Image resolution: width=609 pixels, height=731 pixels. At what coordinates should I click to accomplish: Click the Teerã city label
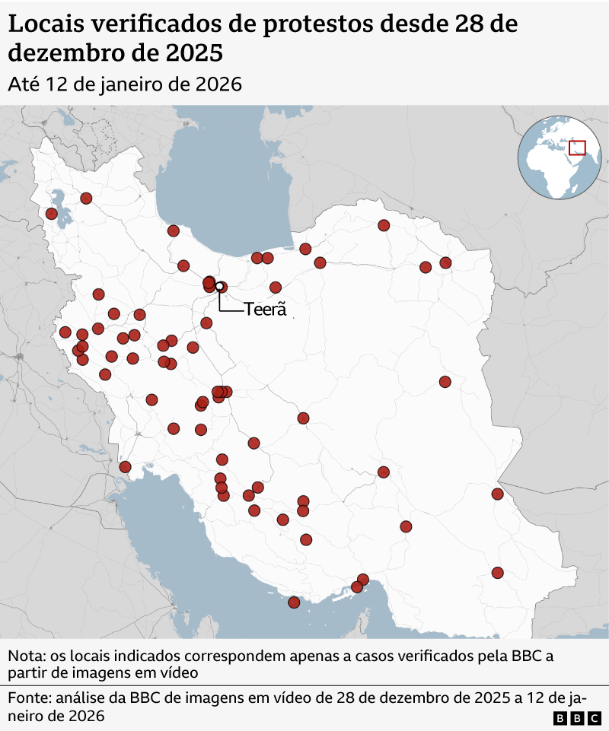tap(265, 310)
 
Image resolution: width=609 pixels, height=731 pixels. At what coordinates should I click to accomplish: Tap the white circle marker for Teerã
tap(219, 287)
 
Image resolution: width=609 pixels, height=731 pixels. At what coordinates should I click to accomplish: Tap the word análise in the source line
tap(89, 698)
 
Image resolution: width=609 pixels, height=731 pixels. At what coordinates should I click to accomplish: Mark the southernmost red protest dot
tap(294, 602)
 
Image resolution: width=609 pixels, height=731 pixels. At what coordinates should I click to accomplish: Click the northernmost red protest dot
tap(86, 198)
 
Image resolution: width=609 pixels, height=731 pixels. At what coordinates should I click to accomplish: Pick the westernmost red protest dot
tap(51, 214)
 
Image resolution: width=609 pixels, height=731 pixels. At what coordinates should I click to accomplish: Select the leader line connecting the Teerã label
tap(221, 303)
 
